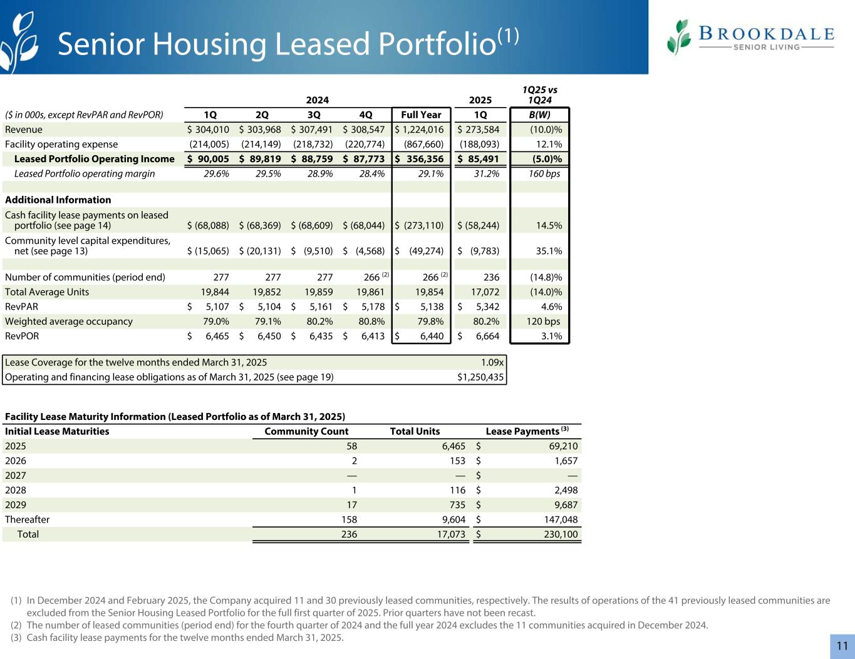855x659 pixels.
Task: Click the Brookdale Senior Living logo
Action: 750,37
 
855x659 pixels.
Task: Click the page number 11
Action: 842,646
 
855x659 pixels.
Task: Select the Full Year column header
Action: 421,115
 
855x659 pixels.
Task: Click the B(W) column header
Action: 539,115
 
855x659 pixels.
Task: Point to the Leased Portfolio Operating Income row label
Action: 94,159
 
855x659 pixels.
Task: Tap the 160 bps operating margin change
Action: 544,173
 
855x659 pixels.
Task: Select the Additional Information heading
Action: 58,200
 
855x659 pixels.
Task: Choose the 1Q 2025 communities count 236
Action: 491,277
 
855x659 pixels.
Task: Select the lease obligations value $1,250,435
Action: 481,377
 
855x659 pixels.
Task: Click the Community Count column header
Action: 306,431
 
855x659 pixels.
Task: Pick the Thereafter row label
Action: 27,519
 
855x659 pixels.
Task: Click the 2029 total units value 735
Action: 455,504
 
